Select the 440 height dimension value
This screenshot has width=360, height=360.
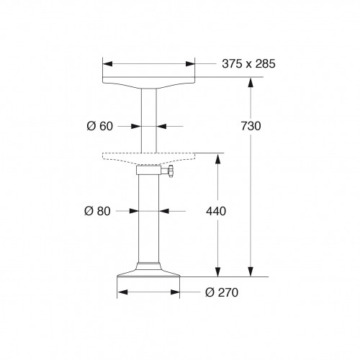(216, 211)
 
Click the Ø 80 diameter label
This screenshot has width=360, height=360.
(97, 211)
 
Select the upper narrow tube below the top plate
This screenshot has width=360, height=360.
(149, 119)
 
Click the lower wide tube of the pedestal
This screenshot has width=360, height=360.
(149, 216)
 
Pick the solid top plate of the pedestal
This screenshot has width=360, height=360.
(149, 81)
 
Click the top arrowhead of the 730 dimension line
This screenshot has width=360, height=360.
(251, 81)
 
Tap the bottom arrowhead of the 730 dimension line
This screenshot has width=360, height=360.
(251, 272)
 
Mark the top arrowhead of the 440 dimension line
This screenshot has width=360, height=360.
(215, 158)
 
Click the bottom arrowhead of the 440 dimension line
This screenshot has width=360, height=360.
(215, 272)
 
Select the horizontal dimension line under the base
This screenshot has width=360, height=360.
(149, 292)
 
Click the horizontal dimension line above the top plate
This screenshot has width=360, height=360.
(149, 63)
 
